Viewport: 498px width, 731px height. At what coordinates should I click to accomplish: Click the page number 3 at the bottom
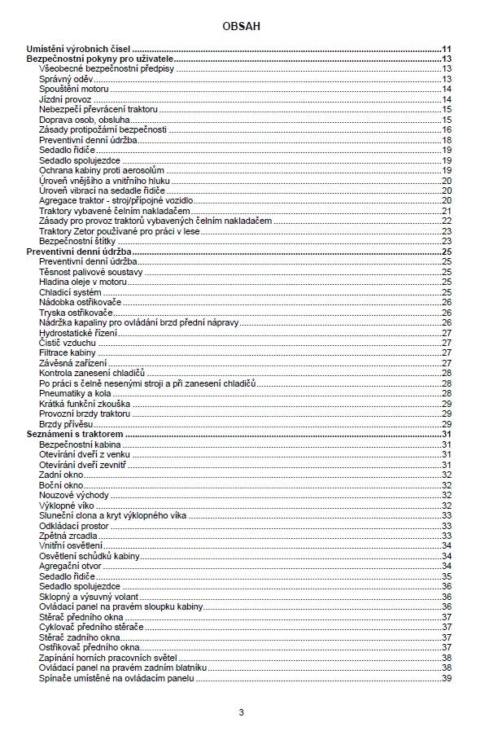(x=241, y=712)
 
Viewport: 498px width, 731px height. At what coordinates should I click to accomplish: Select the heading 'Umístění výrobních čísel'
(x=79, y=49)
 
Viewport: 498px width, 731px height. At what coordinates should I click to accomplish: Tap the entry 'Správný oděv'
(x=66, y=79)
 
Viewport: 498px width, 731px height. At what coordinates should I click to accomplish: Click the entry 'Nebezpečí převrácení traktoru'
(x=98, y=109)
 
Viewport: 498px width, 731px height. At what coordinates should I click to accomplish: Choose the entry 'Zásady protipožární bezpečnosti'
(x=103, y=129)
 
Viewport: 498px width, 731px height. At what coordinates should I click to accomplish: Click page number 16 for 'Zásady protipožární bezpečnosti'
(x=446, y=129)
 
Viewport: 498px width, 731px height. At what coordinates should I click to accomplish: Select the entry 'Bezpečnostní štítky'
(x=78, y=241)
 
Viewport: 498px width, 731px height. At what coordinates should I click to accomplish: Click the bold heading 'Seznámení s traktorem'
(x=75, y=434)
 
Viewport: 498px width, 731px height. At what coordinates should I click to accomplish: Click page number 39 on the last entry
(x=446, y=677)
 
